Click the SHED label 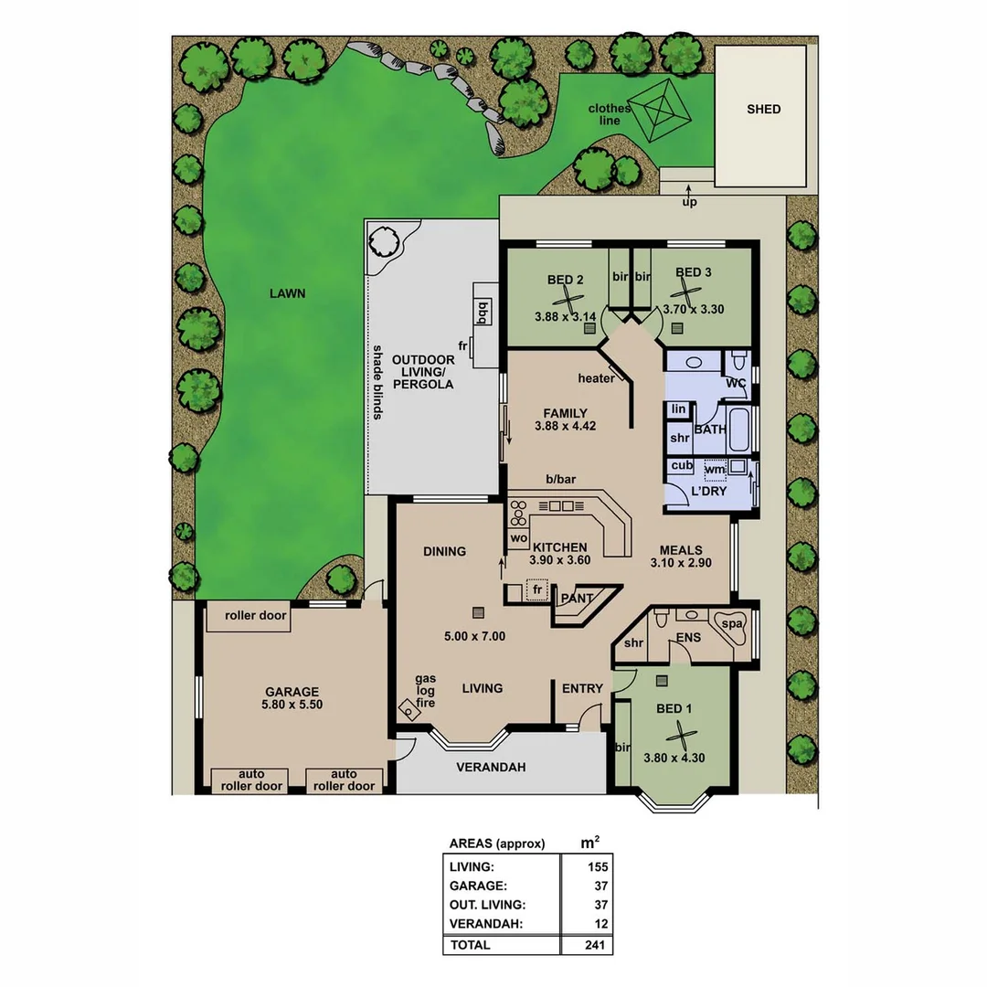coord(763,109)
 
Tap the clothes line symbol coord(660,110)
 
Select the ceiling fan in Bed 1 coord(679,733)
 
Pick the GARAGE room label coord(292,692)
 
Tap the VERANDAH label coord(491,767)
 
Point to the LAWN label coord(287,293)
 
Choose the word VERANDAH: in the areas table coord(487,924)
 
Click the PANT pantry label coord(577,599)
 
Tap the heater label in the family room coord(596,378)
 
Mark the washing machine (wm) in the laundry coord(716,470)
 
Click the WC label coord(736,383)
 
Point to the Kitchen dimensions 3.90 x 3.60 coord(560,564)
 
